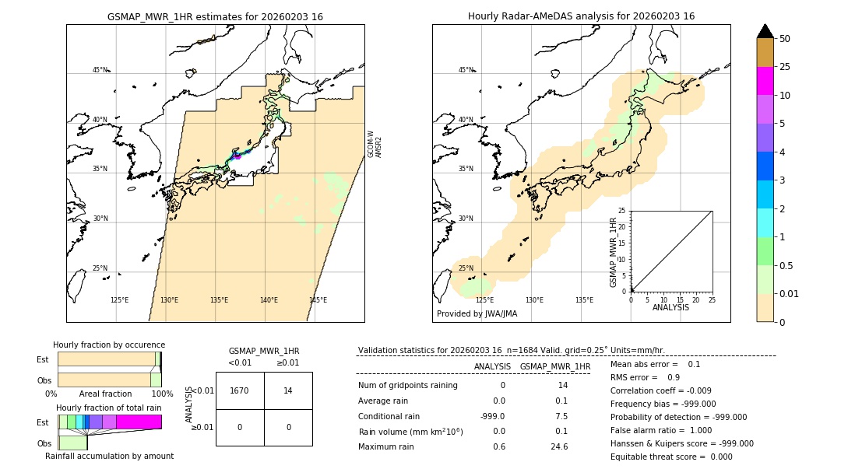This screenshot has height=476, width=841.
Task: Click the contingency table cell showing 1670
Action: tap(240, 390)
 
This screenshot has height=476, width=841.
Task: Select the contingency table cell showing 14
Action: tap(288, 390)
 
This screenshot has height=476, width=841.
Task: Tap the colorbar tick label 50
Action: tap(785, 39)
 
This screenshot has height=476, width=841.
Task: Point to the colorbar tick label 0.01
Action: tap(790, 293)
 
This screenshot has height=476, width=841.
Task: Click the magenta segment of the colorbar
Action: tap(765, 81)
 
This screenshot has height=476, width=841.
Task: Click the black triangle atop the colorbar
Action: tap(765, 31)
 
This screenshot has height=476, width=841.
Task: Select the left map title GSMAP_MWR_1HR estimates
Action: tap(215, 16)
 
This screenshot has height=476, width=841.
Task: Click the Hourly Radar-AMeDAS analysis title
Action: tap(581, 16)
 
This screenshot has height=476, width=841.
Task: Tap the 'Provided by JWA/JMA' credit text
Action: tap(477, 313)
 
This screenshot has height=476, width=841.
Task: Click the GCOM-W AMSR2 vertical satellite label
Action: tap(375, 144)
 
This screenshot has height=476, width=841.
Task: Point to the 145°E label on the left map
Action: tap(318, 300)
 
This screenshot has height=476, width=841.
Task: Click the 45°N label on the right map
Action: tap(466, 70)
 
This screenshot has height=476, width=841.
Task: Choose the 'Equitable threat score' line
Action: tap(671, 457)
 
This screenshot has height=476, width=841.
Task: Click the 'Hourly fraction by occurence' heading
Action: tap(109, 345)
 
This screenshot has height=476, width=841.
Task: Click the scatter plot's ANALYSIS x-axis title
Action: tap(670, 307)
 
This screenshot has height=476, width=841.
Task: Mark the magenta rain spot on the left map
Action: tap(237, 156)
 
